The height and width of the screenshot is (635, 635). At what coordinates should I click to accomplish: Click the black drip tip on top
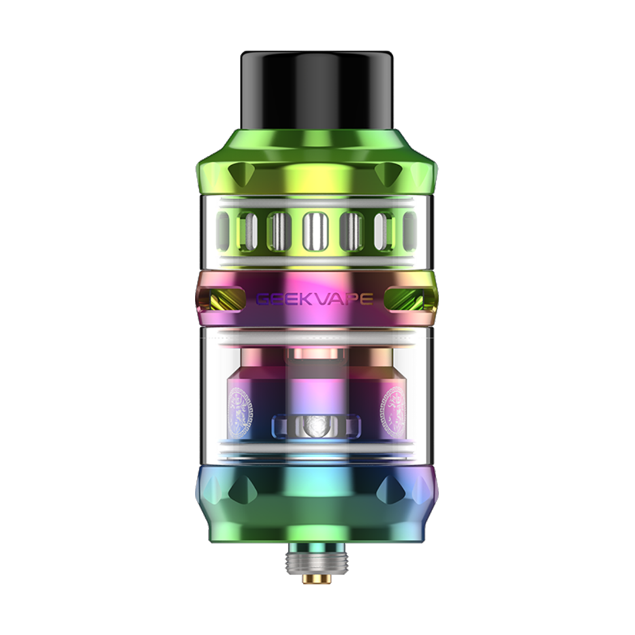[x=317, y=91]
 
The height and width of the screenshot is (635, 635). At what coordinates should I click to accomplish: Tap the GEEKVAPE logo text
[x=314, y=299]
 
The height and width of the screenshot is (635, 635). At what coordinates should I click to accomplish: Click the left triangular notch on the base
[x=242, y=486]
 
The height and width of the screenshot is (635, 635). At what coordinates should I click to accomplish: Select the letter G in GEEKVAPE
[x=262, y=299]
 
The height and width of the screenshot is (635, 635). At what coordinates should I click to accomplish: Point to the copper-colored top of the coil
[x=315, y=353]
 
